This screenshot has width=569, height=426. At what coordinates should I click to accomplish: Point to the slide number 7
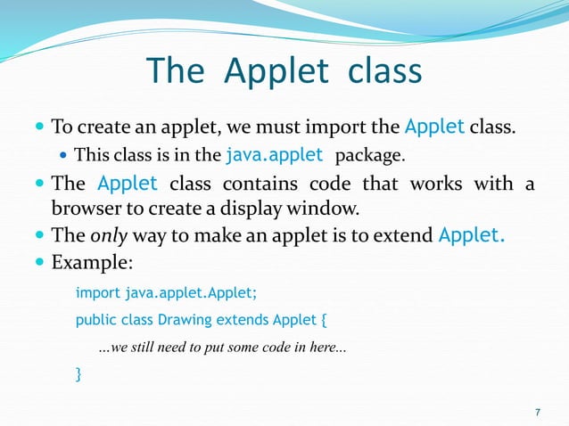pos(537,412)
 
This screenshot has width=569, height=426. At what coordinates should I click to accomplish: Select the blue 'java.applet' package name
pos(275,155)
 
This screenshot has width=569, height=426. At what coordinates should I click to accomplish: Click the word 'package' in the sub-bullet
pos(369,156)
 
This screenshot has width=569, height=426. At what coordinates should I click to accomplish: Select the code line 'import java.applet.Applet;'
pos(166,292)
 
